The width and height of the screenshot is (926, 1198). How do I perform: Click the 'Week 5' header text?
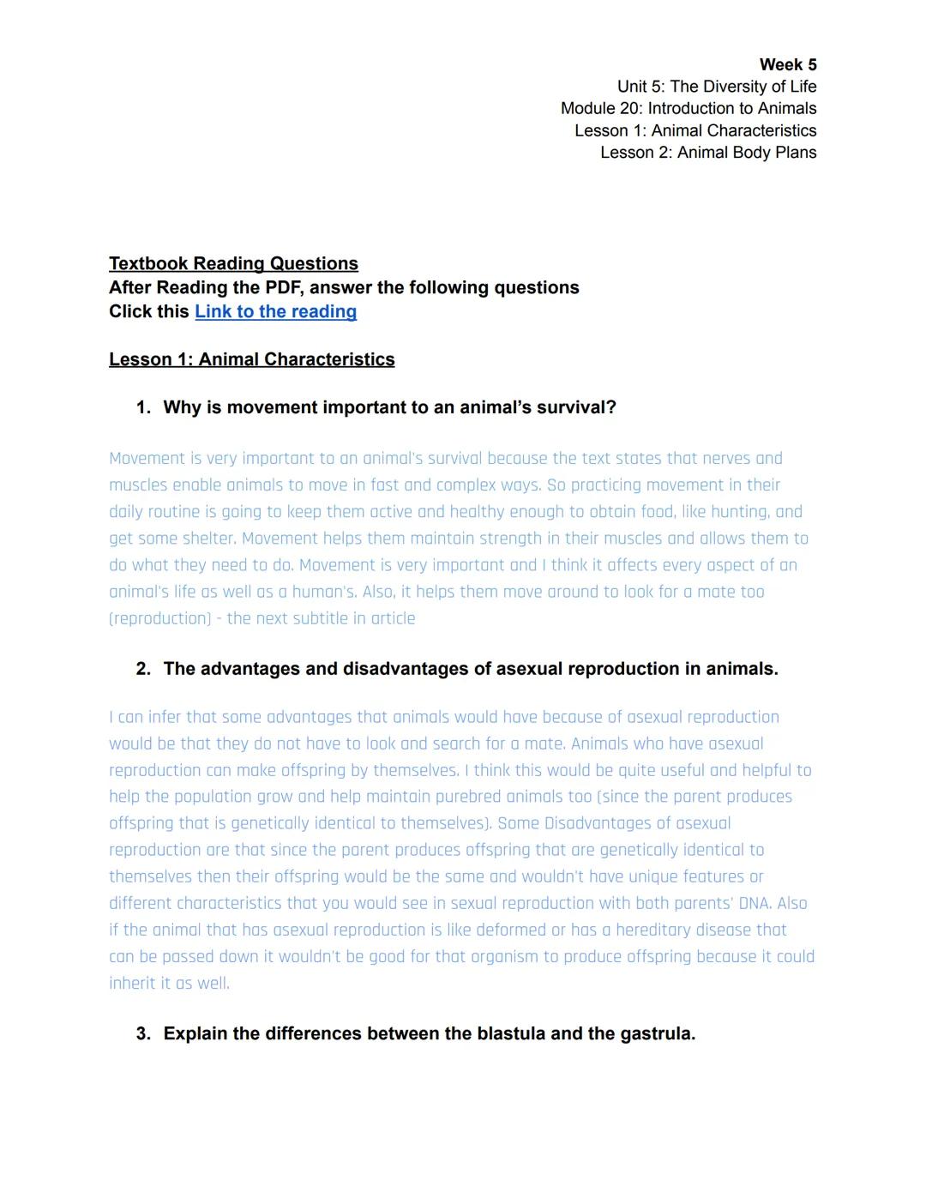(x=787, y=65)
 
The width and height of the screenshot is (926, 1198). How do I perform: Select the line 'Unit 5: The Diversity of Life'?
(x=716, y=87)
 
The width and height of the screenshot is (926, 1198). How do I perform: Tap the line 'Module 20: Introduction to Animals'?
(x=688, y=109)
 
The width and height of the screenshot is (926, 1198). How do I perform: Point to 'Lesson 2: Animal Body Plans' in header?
(x=707, y=153)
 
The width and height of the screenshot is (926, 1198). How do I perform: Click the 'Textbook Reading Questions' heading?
(x=233, y=264)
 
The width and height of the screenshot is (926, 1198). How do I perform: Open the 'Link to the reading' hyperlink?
(x=275, y=312)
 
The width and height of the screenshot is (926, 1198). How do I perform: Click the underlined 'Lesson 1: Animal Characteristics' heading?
(x=251, y=360)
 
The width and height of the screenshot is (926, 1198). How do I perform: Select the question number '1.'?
(x=143, y=408)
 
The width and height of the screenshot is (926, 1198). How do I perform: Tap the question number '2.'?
(x=143, y=670)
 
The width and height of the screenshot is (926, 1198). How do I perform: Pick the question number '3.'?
(x=143, y=1034)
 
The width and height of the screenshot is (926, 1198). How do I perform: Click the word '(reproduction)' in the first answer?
(x=159, y=619)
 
